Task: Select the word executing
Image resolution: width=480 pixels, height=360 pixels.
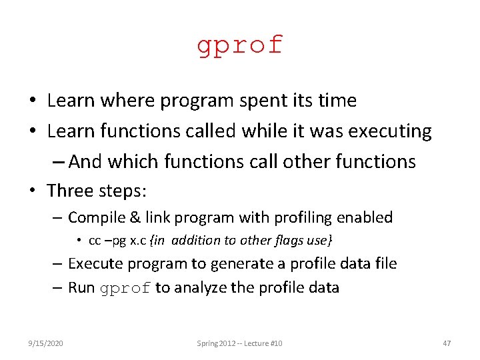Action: (x=394, y=131)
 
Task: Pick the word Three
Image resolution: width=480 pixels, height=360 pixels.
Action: (x=69, y=191)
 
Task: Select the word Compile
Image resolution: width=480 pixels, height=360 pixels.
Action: (x=95, y=217)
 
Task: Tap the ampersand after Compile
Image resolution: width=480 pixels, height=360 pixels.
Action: (x=129, y=217)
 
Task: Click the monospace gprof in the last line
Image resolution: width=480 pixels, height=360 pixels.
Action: (x=127, y=288)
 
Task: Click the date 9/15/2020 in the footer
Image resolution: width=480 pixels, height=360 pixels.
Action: (x=47, y=343)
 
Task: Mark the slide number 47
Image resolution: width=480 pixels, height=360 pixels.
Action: (x=447, y=343)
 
